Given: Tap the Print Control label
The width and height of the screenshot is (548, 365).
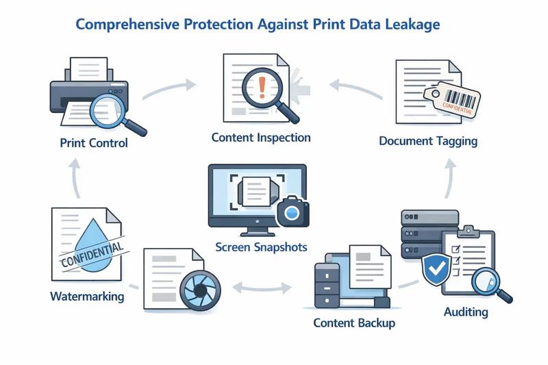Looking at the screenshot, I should click(x=94, y=144).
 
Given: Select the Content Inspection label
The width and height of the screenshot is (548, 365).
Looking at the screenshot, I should click(x=261, y=138).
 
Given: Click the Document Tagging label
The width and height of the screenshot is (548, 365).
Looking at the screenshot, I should click(x=428, y=141).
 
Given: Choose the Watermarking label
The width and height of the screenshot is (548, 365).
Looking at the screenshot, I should click(x=87, y=297).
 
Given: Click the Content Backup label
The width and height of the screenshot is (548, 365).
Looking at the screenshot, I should click(x=353, y=322).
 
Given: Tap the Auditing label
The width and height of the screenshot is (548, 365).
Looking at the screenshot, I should click(x=466, y=312).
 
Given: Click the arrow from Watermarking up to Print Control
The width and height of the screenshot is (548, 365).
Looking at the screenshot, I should click(x=75, y=182).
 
